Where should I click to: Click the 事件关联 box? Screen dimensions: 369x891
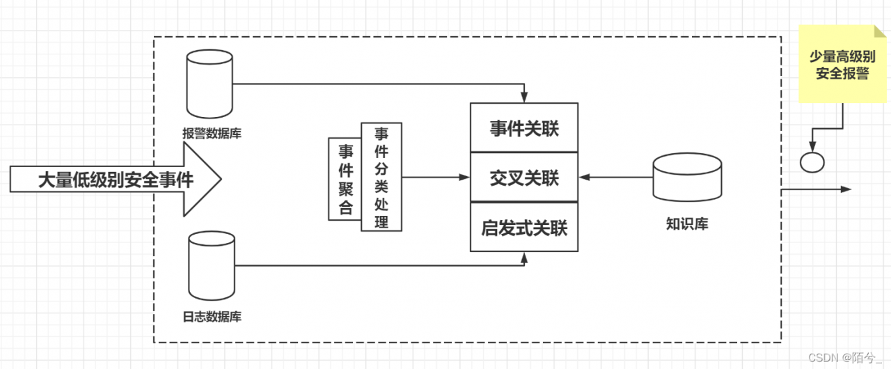pyautogui.click(x=524, y=128)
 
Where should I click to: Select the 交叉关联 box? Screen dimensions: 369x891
pyautogui.click(x=524, y=178)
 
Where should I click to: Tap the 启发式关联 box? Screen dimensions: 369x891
pyautogui.click(x=524, y=228)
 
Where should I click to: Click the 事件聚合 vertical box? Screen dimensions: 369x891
pyautogui.click(x=345, y=179)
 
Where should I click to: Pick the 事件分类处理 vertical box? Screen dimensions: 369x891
pyautogui.click(x=381, y=177)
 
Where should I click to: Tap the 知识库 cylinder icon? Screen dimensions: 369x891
pyautogui.click(x=686, y=178)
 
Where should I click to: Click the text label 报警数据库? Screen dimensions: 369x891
pyautogui.click(x=212, y=133)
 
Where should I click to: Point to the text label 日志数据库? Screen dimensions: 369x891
pyautogui.click(x=212, y=317)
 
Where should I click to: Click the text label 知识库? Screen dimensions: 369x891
pyautogui.click(x=686, y=224)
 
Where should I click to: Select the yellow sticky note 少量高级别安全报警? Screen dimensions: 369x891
pyautogui.click(x=842, y=65)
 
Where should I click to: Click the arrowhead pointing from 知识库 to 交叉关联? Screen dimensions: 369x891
pyautogui.click(x=583, y=178)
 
